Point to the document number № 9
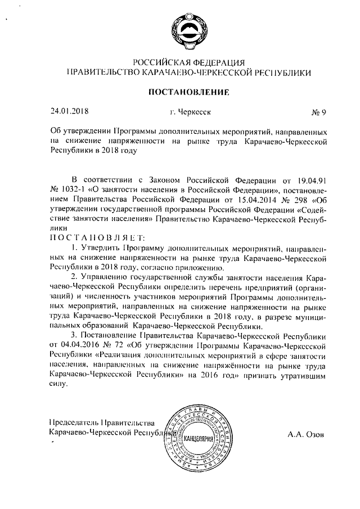319,111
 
